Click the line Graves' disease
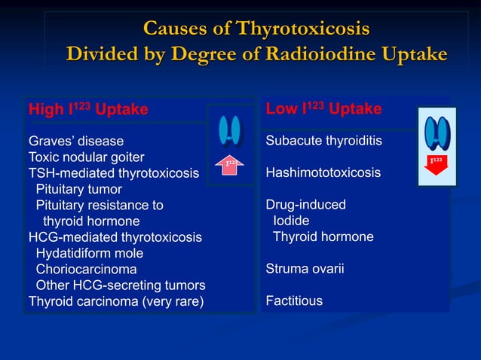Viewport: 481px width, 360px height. coord(76,141)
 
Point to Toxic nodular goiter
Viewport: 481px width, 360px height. coord(86,157)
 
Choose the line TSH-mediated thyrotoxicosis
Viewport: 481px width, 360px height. coord(114,173)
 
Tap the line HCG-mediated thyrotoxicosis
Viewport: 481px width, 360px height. coord(115,237)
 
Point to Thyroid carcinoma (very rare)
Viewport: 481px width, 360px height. coord(115,301)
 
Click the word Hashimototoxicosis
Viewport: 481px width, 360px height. coord(323,173)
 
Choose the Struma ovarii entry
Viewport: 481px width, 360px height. coord(305,269)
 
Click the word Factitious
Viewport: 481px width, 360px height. coord(294,301)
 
